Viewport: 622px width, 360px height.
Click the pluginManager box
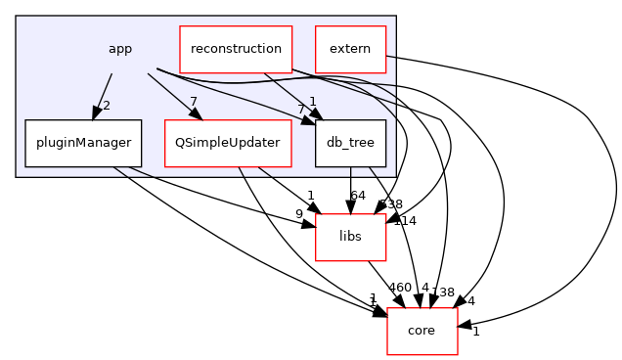(83, 143)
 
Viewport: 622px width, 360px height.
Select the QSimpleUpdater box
(228, 143)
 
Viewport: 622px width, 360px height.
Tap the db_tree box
(350, 143)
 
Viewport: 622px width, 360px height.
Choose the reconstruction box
(236, 48)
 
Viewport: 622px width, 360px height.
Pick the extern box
(350, 48)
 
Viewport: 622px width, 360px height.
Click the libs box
(350, 237)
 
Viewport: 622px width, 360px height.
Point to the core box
(421, 331)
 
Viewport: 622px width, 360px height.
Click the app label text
(120, 48)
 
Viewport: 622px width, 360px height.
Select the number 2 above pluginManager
(107, 105)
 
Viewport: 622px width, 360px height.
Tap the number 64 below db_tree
(358, 196)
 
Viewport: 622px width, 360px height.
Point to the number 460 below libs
(400, 288)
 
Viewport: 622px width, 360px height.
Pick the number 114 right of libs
(404, 221)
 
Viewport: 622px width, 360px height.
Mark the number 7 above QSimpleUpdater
(196, 103)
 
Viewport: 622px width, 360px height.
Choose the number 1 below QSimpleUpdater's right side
(310, 196)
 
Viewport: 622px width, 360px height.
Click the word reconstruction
(236, 48)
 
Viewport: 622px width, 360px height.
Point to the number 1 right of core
(475, 332)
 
